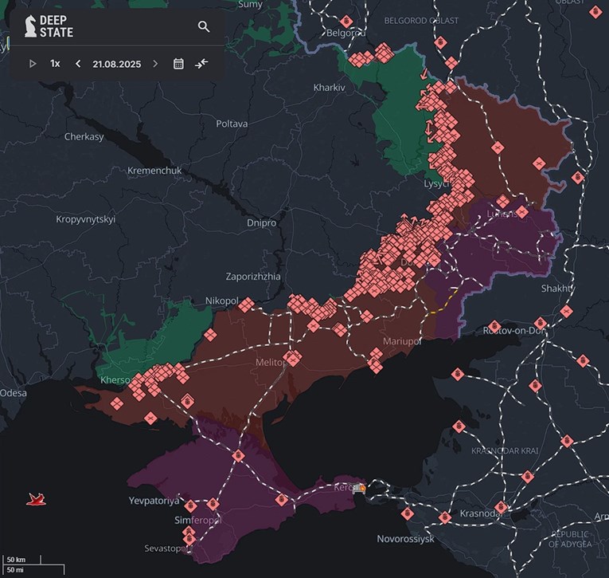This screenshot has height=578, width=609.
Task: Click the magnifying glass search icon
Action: pyautogui.click(x=204, y=26)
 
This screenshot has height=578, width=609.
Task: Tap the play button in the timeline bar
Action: pyautogui.click(x=33, y=64)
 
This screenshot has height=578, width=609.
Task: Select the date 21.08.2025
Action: pyautogui.click(x=116, y=64)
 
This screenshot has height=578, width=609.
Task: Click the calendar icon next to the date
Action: pyautogui.click(x=178, y=64)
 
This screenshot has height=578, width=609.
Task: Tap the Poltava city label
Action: pyautogui.click(x=232, y=124)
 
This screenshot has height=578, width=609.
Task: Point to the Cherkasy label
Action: pyautogui.click(x=84, y=136)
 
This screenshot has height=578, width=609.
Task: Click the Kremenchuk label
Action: pyautogui.click(x=154, y=171)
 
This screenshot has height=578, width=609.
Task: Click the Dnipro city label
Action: pyautogui.click(x=260, y=223)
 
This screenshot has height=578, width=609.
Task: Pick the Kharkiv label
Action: pyautogui.click(x=329, y=87)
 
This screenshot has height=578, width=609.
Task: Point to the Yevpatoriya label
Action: pyautogui.click(x=154, y=501)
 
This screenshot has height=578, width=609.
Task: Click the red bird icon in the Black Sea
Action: pyautogui.click(x=36, y=499)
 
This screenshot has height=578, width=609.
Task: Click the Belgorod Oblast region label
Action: pyautogui.click(x=421, y=20)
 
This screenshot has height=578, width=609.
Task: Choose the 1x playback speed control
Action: pyautogui.click(x=55, y=64)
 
